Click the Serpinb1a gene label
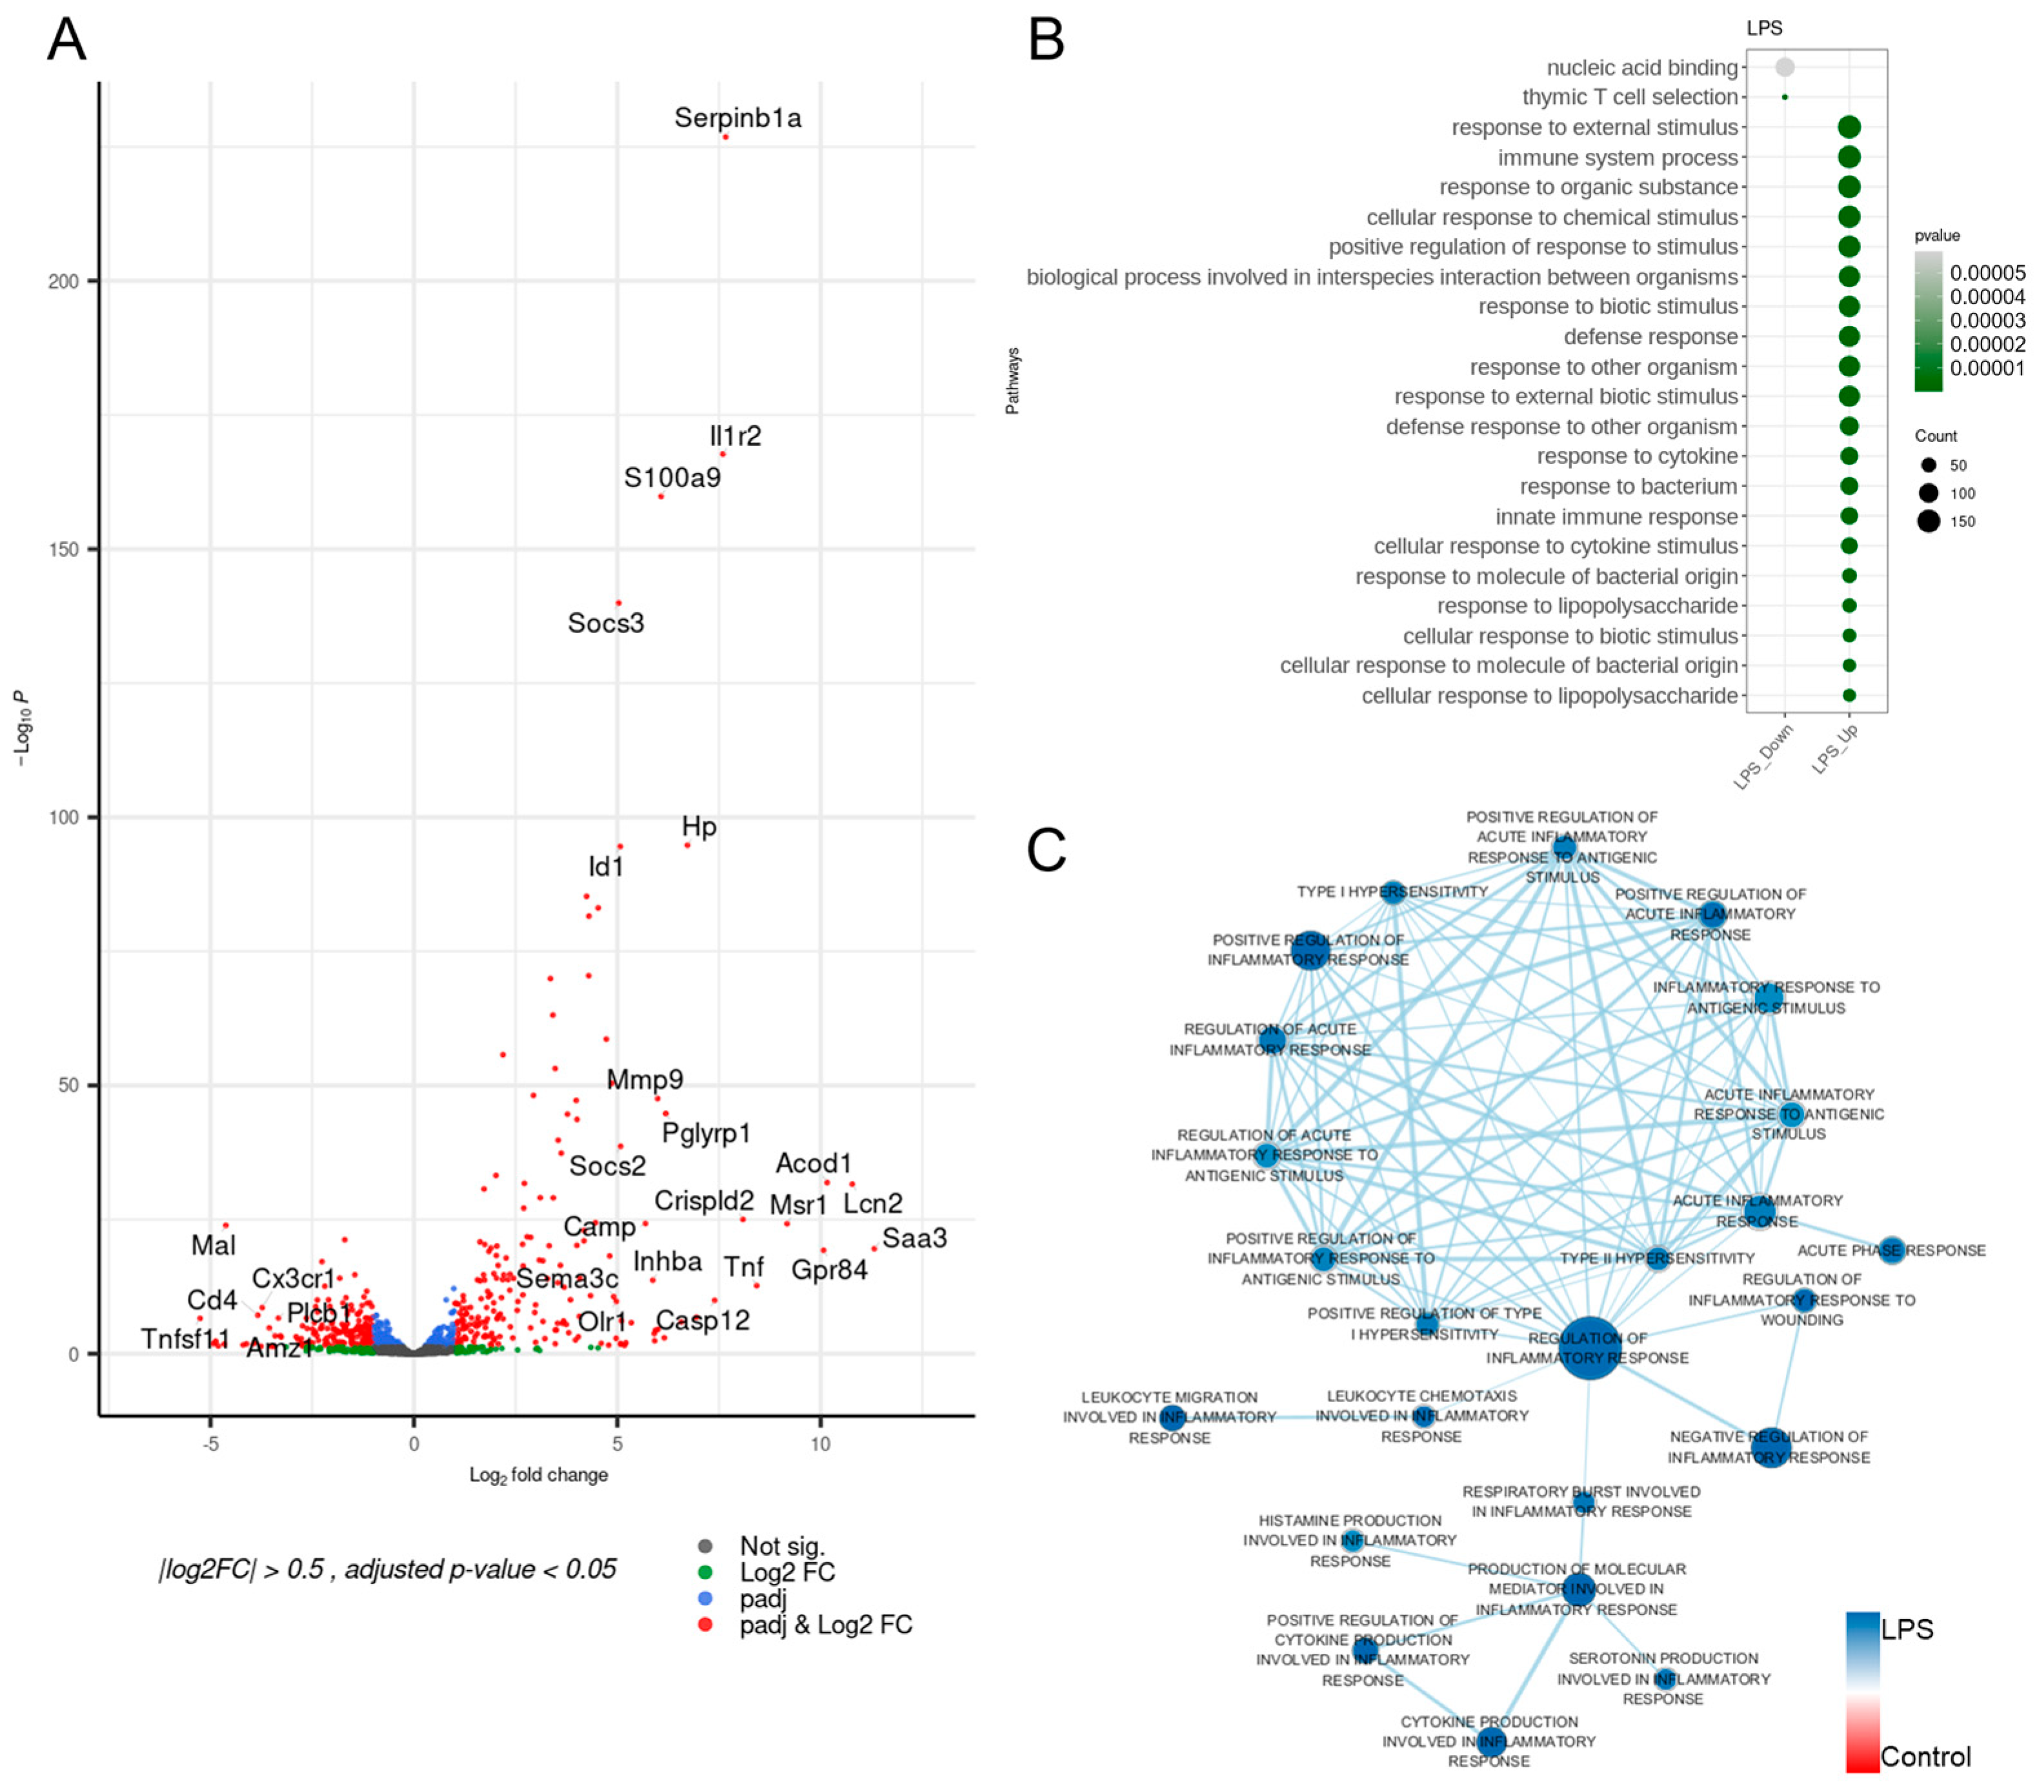738,119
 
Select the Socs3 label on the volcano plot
606,624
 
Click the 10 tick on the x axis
820,1444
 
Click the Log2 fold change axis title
538,1475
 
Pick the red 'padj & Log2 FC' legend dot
706,1625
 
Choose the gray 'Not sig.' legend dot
706,1547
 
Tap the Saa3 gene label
914,1239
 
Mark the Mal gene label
214,1246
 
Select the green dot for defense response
1849,337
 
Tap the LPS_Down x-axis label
1763,758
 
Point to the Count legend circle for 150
1929,521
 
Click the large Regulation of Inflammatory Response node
1590,1347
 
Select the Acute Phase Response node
1891,1250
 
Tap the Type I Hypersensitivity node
1393,892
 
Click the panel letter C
1047,851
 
